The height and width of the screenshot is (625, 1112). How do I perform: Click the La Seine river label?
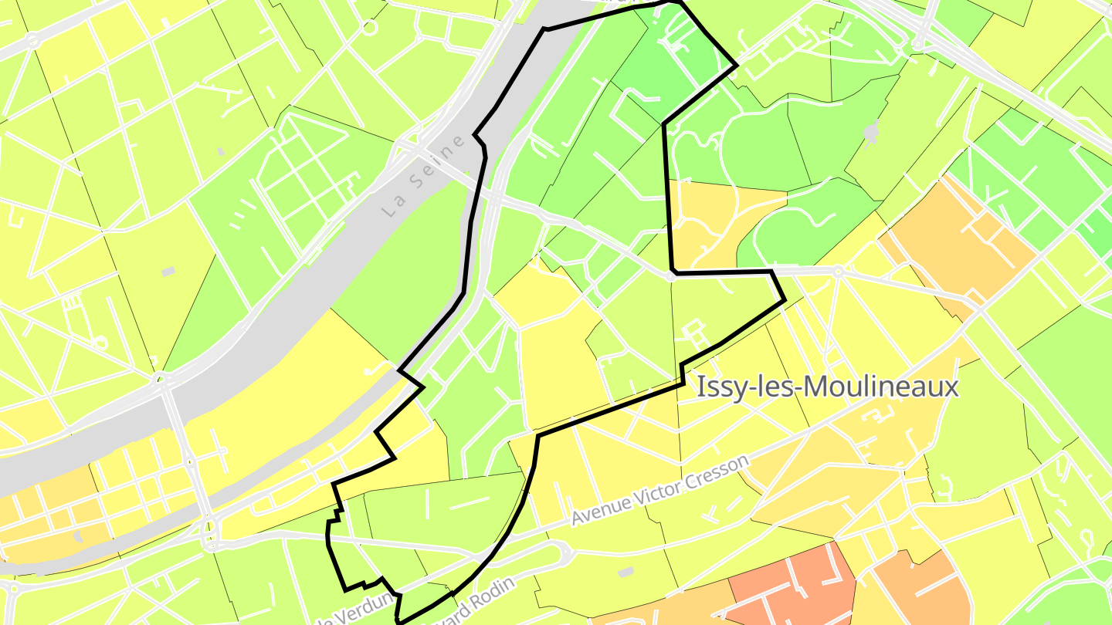click(x=425, y=176)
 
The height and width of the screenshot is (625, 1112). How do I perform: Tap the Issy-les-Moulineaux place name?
click(x=827, y=387)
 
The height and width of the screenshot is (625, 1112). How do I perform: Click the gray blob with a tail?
click(x=872, y=133)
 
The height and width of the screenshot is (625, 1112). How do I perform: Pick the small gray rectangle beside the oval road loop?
click(x=626, y=572)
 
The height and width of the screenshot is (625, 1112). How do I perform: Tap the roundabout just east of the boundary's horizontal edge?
click(x=838, y=271)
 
